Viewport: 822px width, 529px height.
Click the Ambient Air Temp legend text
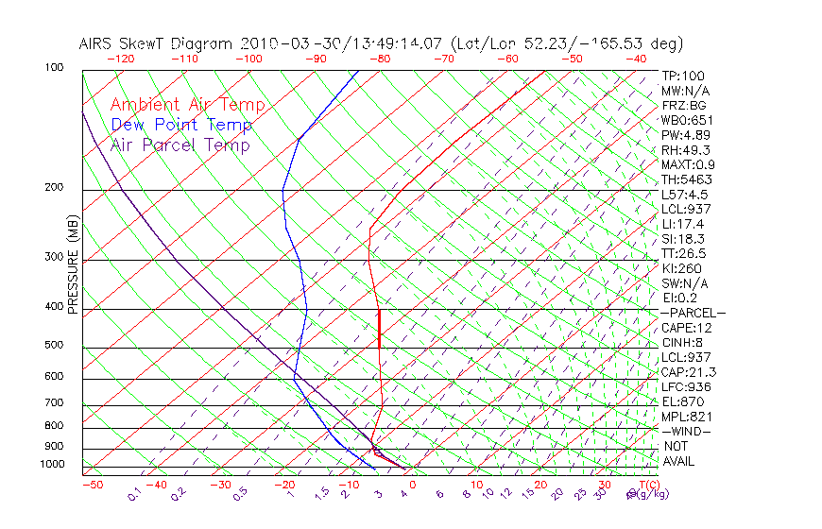coord(188,106)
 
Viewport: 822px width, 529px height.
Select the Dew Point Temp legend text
coord(181,126)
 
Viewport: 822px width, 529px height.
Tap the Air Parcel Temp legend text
coord(180,145)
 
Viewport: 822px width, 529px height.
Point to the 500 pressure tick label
coord(54,346)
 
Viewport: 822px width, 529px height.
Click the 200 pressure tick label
coord(54,188)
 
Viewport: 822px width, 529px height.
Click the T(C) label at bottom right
coord(649,485)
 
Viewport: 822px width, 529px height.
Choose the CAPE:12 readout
coord(687,328)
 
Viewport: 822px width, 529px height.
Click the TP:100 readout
coord(683,76)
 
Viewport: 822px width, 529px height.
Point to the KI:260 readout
coord(682,268)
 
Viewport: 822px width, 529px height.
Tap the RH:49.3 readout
coord(686,150)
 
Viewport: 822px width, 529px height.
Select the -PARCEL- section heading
coord(693,313)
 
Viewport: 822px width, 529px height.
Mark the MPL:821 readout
coord(686,417)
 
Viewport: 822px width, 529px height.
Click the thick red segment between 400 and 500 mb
coord(379,329)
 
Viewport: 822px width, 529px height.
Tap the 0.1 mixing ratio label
coord(134,493)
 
